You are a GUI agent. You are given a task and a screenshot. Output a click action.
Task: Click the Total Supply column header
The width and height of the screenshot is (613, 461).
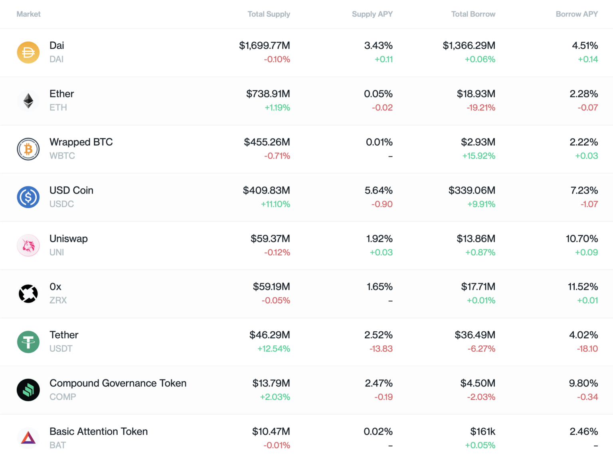tap(269, 14)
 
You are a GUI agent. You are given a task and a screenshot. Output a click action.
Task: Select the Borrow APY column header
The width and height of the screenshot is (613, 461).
tap(577, 14)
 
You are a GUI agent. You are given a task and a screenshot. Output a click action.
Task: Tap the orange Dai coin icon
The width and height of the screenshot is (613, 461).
tap(28, 52)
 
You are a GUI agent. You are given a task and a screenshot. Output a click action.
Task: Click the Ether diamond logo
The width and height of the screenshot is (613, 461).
tap(28, 101)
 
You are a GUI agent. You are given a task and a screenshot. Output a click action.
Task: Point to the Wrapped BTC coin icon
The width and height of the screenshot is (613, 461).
tap(28, 149)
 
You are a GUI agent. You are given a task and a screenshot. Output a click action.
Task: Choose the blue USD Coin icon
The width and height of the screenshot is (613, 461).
tap(28, 197)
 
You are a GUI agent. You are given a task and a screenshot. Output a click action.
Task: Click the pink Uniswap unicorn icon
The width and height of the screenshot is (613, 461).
tap(28, 245)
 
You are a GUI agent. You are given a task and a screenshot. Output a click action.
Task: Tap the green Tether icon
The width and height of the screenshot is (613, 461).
tap(28, 342)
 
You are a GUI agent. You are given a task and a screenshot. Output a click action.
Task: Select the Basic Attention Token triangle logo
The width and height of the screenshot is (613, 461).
tap(28, 438)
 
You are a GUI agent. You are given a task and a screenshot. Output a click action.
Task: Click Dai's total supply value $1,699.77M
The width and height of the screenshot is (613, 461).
tap(265, 46)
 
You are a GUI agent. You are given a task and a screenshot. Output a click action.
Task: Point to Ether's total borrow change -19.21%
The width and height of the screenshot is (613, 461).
tap(481, 108)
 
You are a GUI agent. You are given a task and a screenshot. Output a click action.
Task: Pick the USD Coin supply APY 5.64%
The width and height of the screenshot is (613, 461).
tap(378, 190)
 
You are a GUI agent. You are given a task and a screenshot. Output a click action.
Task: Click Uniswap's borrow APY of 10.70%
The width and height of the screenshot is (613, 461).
tap(582, 239)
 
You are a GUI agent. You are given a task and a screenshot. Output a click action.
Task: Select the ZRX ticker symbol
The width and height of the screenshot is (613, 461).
tap(58, 300)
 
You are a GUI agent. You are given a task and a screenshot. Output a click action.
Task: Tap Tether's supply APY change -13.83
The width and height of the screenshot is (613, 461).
tap(381, 349)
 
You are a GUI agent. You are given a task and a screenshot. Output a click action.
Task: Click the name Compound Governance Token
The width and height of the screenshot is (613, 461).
tap(118, 383)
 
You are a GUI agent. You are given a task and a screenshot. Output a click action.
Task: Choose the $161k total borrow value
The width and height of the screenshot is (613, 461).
tap(482, 431)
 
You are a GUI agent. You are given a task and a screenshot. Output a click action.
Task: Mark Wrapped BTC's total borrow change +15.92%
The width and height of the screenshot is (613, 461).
tap(479, 156)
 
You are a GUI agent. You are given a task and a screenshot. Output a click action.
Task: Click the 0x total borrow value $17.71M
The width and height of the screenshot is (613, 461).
tap(478, 287)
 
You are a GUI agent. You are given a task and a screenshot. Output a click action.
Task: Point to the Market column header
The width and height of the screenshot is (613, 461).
tap(29, 14)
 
